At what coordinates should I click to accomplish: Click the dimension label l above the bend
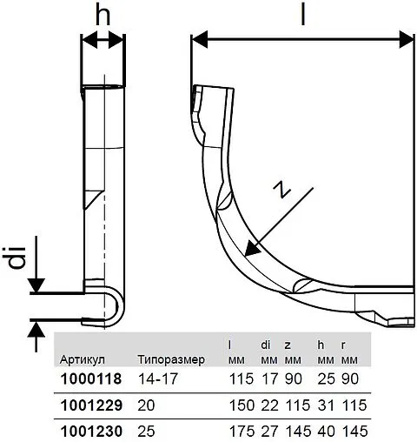[x=301, y=16]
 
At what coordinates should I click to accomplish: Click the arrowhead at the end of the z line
[x=252, y=249]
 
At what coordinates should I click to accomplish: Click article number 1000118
[x=89, y=379]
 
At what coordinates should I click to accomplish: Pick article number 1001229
[x=89, y=405]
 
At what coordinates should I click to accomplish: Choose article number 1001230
[x=89, y=431]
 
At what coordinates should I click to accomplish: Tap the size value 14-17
[x=157, y=379]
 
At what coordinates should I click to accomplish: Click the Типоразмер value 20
[x=146, y=405]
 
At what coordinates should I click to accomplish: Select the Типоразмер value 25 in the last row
[x=146, y=431]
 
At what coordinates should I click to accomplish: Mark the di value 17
[x=267, y=379]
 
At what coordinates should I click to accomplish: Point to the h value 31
[x=325, y=405]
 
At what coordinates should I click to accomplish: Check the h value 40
[x=325, y=431]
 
